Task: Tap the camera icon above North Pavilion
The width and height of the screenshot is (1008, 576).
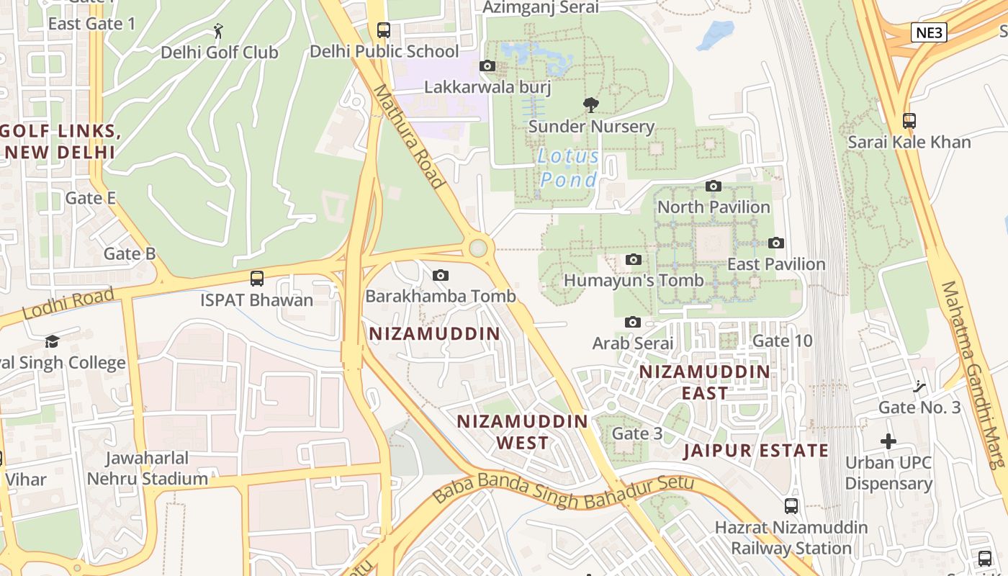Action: (x=714, y=186)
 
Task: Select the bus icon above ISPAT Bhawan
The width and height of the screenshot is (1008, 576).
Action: (x=257, y=279)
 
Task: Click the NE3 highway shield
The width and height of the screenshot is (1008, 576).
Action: (x=929, y=32)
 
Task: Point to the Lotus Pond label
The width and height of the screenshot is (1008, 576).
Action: (x=569, y=168)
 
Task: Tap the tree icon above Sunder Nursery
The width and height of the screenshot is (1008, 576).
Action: (x=590, y=105)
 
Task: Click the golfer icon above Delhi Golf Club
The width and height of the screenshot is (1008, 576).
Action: (x=219, y=31)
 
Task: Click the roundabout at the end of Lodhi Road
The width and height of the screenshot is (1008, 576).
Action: (x=477, y=248)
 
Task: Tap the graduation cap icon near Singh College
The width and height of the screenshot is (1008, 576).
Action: (x=52, y=341)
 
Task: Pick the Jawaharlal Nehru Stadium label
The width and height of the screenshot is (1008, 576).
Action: (x=147, y=468)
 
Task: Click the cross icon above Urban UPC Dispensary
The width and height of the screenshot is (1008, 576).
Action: (x=888, y=441)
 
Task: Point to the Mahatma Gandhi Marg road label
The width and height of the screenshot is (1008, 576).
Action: (x=972, y=374)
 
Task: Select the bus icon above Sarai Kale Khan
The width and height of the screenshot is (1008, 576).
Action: (x=909, y=121)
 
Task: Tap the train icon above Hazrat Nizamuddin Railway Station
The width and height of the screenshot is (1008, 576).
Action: (x=791, y=506)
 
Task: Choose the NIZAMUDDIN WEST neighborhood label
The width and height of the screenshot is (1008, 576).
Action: (x=523, y=431)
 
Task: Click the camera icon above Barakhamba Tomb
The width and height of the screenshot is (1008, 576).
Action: (x=441, y=275)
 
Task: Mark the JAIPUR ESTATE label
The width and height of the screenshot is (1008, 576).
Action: (x=756, y=451)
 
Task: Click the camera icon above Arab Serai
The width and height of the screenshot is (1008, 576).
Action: (x=633, y=323)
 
